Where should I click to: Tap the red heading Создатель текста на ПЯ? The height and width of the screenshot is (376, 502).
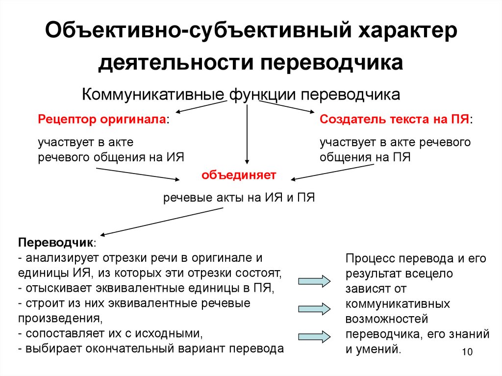(x=395, y=120)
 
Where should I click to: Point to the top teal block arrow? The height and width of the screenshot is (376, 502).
(x=314, y=281)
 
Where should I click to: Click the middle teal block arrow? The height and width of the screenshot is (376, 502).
(x=314, y=308)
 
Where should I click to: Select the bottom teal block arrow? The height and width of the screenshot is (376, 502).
(x=314, y=336)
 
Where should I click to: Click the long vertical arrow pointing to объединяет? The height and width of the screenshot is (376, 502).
(x=247, y=132)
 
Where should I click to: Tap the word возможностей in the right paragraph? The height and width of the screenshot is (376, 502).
(x=387, y=319)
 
